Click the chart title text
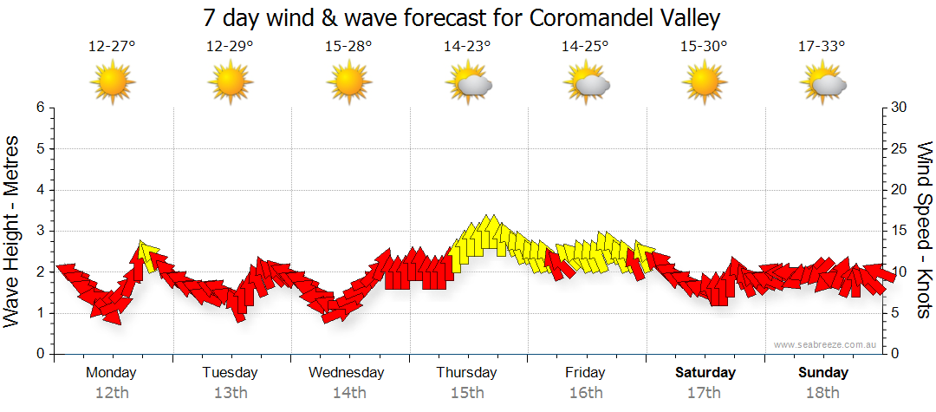[461, 17]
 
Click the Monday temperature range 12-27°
[112, 48]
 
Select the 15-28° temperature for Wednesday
[348, 48]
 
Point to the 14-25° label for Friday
[585, 48]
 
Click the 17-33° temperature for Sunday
[822, 48]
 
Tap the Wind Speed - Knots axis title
[924, 230]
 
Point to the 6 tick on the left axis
[40, 108]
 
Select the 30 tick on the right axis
[900, 108]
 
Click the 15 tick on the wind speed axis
[900, 231]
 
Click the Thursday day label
[466, 373]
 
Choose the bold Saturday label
[705, 373]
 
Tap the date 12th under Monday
[112, 392]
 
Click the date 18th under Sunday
[823, 392]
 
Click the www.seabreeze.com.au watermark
[827, 344]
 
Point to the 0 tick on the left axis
[40, 354]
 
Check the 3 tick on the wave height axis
[40, 231]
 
